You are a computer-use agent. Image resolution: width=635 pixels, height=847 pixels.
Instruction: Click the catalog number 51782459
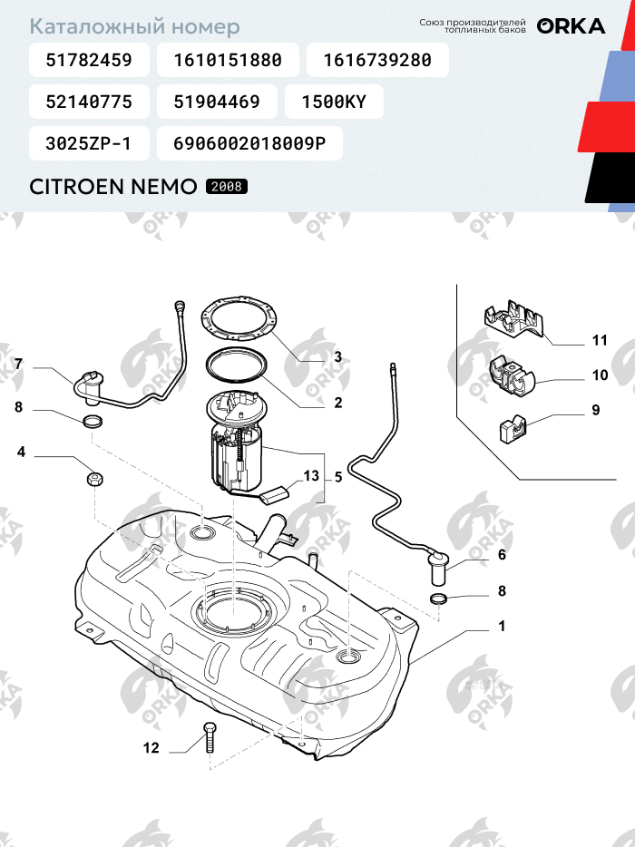(x=89, y=60)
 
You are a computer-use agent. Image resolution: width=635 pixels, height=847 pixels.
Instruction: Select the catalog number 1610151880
(x=228, y=60)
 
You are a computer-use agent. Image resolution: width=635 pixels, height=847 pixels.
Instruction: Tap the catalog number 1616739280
(x=377, y=60)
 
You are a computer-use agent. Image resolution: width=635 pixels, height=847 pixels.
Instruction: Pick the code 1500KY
(x=334, y=102)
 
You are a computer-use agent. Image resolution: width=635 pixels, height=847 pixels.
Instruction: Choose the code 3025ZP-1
(x=88, y=143)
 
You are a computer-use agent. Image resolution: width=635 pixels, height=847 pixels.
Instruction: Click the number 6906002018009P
(x=249, y=143)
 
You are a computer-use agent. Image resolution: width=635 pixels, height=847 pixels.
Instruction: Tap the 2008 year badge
(x=227, y=187)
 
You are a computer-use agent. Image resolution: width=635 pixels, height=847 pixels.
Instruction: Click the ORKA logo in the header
(x=571, y=26)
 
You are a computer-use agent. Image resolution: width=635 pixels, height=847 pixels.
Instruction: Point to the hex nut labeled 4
(x=94, y=479)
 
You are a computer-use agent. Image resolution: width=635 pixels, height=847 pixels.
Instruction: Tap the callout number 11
(x=600, y=340)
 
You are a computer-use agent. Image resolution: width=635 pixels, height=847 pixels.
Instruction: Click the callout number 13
(x=311, y=476)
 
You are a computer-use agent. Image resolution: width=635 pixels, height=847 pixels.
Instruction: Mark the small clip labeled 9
(x=512, y=430)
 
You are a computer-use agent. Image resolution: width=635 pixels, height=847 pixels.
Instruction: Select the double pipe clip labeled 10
(x=511, y=377)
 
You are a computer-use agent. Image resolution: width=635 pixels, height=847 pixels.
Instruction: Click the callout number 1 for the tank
(x=502, y=626)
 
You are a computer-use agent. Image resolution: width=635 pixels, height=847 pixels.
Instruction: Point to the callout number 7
(x=19, y=364)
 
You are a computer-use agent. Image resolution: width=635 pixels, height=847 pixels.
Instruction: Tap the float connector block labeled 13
(x=275, y=494)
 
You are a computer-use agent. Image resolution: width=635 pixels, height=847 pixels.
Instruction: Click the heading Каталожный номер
(x=134, y=26)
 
